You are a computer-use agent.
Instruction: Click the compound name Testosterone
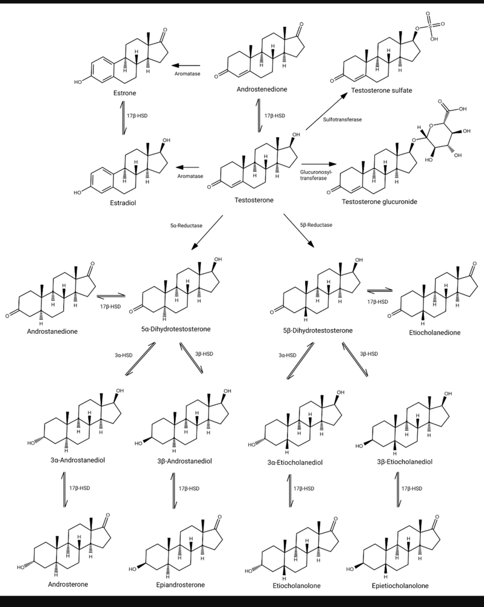[x=254, y=200]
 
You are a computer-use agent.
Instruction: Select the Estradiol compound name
[x=124, y=203]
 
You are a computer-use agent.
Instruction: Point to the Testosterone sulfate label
[x=381, y=90]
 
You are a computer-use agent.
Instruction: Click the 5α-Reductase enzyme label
[x=186, y=225]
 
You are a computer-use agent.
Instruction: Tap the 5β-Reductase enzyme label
[x=316, y=225]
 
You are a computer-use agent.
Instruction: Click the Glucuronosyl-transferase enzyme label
[x=315, y=175]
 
